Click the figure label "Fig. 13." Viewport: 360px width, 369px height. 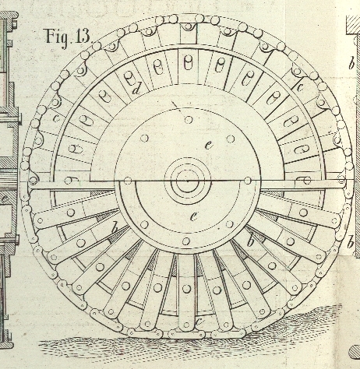[x=69, y=37]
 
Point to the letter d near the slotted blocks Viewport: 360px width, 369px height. [x=136, y=90]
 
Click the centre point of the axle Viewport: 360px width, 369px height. [x=188, y=181]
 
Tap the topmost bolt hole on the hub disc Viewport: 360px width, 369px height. [x=189, y=120]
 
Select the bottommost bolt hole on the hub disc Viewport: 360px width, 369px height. [x=186, y=241]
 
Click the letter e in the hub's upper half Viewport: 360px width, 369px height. [x=208, y=146]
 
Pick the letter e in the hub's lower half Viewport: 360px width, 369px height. [x=193, y=216]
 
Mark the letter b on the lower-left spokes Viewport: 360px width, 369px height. [x=114, y=228]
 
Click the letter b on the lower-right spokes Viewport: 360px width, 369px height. [x=250, y=241]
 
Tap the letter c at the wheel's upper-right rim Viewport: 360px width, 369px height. [x=300, y=87]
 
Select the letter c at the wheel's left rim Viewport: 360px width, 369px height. [x=56, y=118]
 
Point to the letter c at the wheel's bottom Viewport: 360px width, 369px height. [x=199, y=322]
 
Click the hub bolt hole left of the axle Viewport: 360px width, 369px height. [x=128, y=181]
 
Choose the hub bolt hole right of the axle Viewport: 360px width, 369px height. [x=248, y=181]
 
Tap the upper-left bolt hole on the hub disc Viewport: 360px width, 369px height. [x=144, y=138]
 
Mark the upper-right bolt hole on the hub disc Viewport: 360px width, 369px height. [x=231, y=139]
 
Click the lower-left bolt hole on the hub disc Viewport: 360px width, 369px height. [x=144, y=224]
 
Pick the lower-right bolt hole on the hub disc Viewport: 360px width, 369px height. [x=230, y=223]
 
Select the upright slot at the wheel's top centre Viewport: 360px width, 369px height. [x=188, y=63]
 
